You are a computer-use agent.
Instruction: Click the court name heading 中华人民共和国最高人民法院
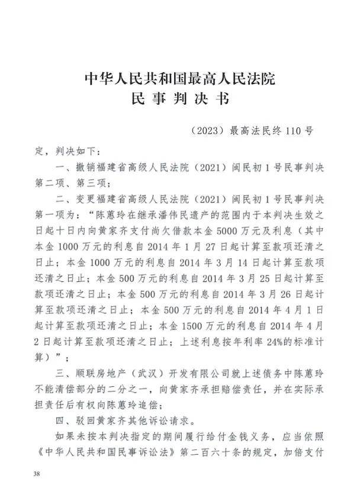click(180, 79)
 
